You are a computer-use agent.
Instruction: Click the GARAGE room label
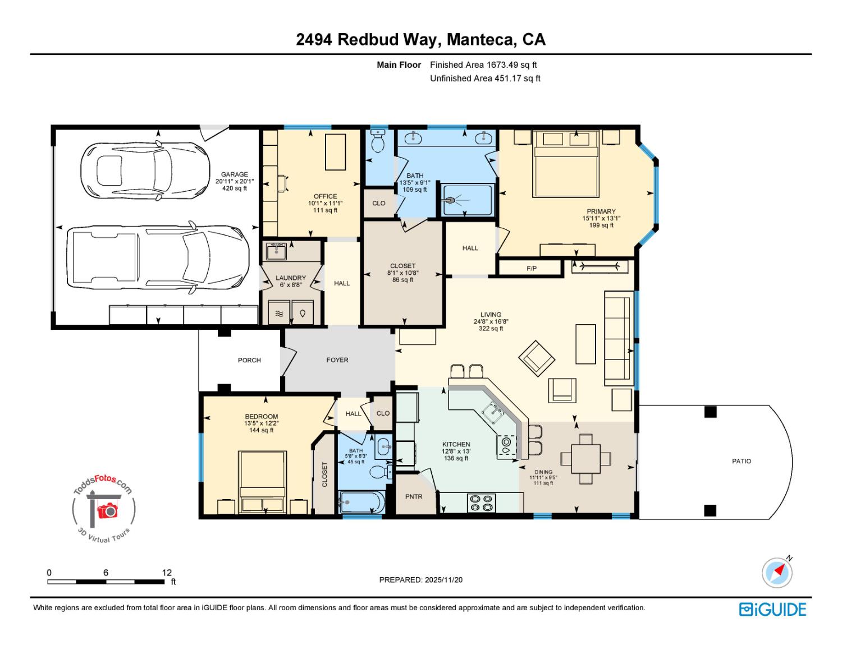click(x=234, y=174)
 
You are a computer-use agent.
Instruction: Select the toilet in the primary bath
click(x=378, y=141)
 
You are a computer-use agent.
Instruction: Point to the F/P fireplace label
click(x=531, y=269)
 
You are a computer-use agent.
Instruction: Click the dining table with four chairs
click(x=585, y=459)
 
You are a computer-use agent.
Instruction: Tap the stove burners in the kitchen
click(x=481, y=502)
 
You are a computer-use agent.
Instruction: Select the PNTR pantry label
click(x=414, y=496)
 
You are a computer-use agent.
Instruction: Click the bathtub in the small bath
click(x=361, y=501)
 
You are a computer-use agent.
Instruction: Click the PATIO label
click(x=742, y=461)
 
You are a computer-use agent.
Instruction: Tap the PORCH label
click(x=249, y=360)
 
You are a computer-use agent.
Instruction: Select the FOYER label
click(x=337, y=360)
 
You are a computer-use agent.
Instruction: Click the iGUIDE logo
click(x=772, y=610)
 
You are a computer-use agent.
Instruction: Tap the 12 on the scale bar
click(x=167, y=573)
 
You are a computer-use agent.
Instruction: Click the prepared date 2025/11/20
click(x=443, y=580)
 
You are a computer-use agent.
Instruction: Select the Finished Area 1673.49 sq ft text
click(x=483, y=65)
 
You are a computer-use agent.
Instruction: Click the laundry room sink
click(x=276, y=251)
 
